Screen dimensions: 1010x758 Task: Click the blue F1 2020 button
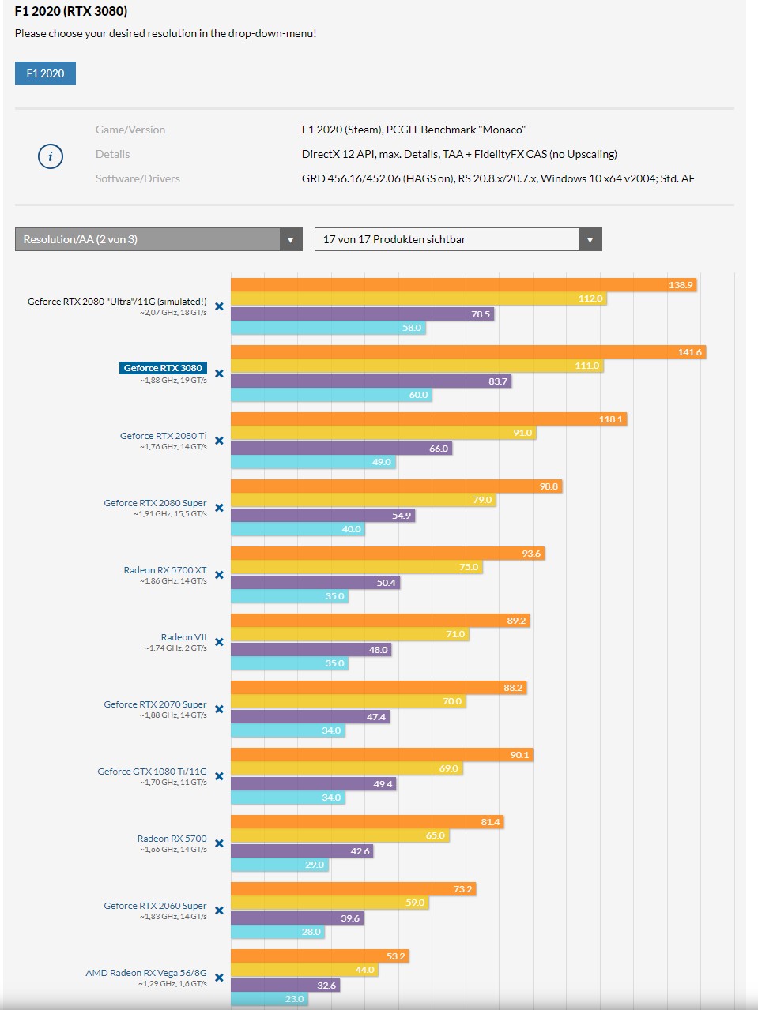click(x=45, y=73)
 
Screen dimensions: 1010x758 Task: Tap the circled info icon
click(x=51, y=156)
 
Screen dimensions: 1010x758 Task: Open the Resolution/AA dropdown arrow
click(x=291, y=239)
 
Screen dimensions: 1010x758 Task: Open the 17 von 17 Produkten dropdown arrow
click(x=590, y=239)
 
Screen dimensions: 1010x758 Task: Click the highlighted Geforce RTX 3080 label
click(x=163, y=368)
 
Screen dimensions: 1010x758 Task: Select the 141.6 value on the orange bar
click(x=689, y=352)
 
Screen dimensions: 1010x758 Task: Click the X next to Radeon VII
click(x=219, y=642)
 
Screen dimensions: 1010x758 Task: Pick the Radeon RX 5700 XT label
click(x=165, y=570)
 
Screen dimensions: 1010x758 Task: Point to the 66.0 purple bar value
click(x=439, y=449)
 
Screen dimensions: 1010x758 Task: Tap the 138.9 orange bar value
click(x=681, y=285)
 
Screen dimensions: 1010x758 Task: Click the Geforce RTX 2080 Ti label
click(x=164, y=436)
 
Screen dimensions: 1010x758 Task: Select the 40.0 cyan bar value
click(x=351, y=529)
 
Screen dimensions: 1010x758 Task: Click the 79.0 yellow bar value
click(x=482, y=500)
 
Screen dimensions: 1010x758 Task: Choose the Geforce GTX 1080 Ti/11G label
click(x=152, y=772)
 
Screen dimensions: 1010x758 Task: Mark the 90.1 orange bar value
click(x=519, y=755)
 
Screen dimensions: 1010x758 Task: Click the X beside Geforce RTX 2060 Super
click(x=219, y=911)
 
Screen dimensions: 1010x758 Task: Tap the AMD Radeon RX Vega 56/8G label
click(x=146, y=973)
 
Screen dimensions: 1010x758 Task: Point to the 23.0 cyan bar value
click(x=294, y=999)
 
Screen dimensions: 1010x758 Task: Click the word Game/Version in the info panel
click(x=130, y=130)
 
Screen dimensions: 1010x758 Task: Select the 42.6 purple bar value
click(x=360, y=851)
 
